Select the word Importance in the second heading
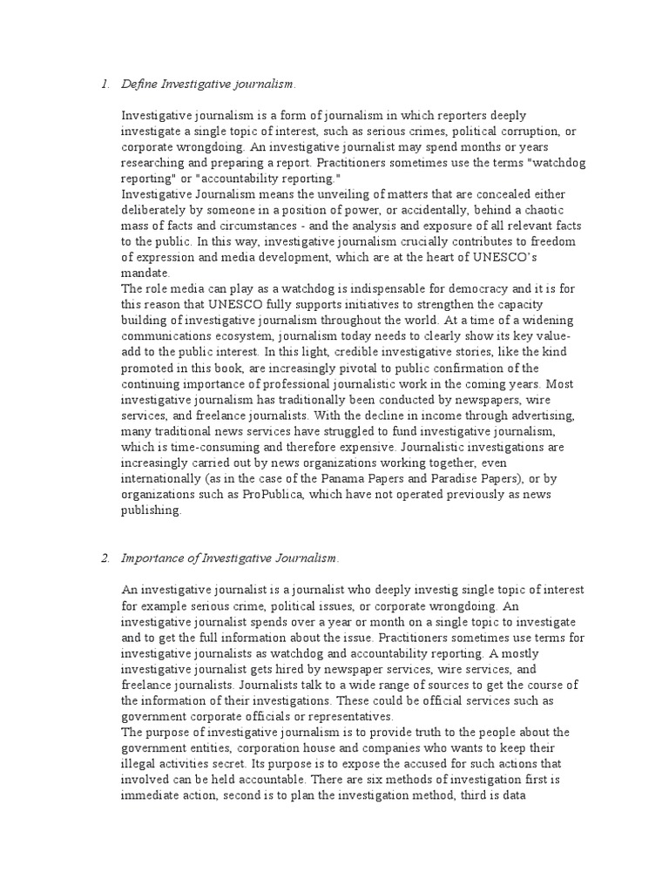pyautogui.click(x=152, y=557)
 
